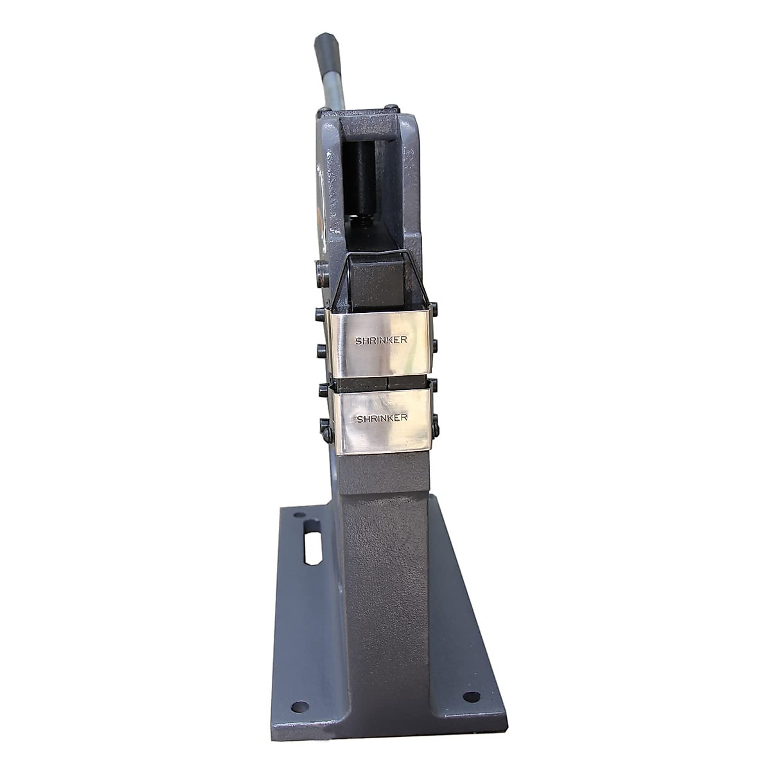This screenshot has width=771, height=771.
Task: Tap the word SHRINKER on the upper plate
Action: [x=381, y=341]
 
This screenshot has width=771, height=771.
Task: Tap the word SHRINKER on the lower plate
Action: [x=382, y=418]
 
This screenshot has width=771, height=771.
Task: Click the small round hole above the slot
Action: [x=299, y=515]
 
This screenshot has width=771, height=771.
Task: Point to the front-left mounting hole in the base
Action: [x=299, y=706]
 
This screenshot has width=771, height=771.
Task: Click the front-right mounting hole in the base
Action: [x=471, y=696]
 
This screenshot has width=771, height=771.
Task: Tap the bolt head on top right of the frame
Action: [x=390, y=109]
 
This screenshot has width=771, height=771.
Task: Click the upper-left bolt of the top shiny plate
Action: [x=321, y=314]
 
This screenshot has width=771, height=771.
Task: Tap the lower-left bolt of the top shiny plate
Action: [x=321, y=351]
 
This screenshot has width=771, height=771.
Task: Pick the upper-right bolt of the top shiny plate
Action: [x=434, y=308]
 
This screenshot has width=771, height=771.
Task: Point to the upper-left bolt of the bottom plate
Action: [x=323, y=389]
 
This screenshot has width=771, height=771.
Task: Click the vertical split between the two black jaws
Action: [x=387, y=382]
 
